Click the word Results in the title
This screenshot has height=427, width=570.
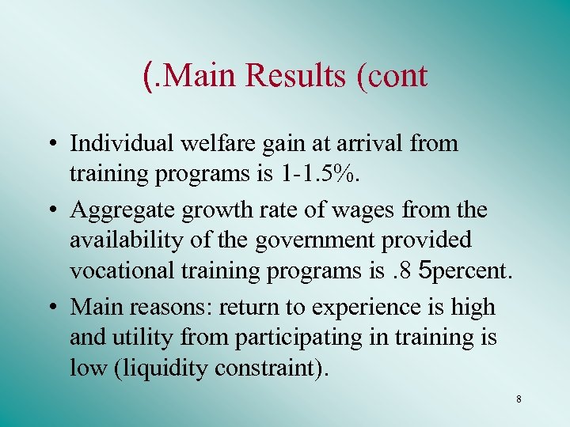pos(296,76)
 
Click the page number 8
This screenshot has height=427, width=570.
pos(519,399)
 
